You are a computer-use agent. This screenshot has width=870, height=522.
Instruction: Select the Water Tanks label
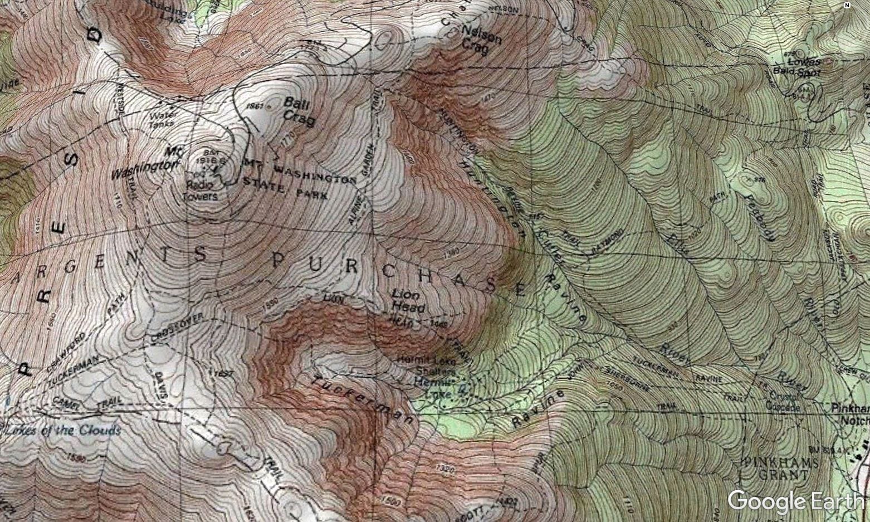point(163,120)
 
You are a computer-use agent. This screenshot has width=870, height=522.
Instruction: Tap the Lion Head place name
point(409,300)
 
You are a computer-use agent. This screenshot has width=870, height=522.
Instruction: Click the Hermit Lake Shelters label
point(426,365)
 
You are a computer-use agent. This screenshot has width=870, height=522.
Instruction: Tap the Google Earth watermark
point(795,501)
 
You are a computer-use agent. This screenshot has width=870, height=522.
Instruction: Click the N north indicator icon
point(847,6)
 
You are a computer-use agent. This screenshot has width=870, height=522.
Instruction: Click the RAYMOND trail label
point(605,243)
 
